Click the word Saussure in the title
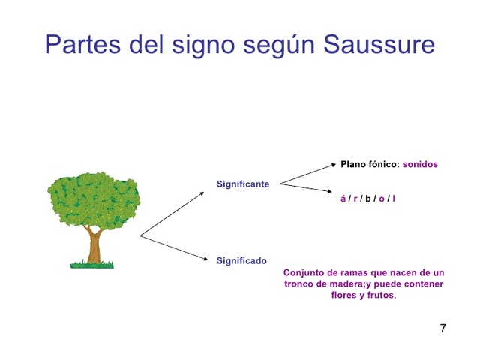tap(379, 44)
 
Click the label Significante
tap(242, 184)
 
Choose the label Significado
tap(241, 261)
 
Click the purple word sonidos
tap(420, 164)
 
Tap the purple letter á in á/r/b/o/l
tap(343, 199)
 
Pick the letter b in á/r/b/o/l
tap(368, 199)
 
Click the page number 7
tap(442, 328)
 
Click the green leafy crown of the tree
tap(93, 199)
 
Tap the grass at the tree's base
tap(92, 264)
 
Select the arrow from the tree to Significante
tap(172, 214)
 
